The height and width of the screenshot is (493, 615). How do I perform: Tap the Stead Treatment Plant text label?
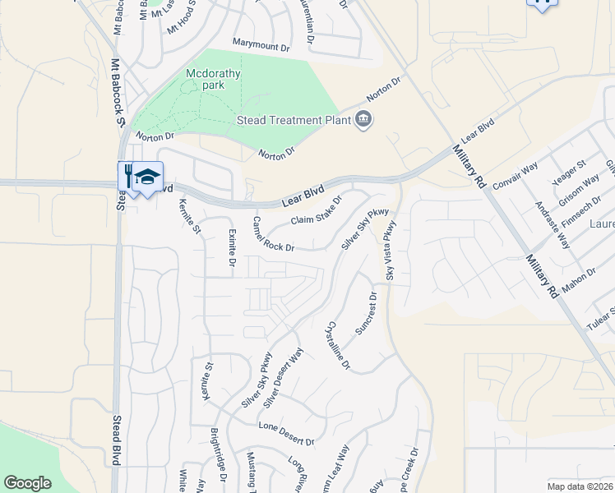(x=294, y=121)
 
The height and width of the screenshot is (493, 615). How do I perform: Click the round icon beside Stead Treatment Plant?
(x=363, y=122)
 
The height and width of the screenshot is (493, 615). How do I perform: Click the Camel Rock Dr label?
(x=273, y=234)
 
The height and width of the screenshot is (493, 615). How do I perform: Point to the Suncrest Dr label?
(x=365, y=313)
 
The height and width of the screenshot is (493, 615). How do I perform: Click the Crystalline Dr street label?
(x=339, y=343)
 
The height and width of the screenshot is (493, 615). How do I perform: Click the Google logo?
(x=27, y=483)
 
